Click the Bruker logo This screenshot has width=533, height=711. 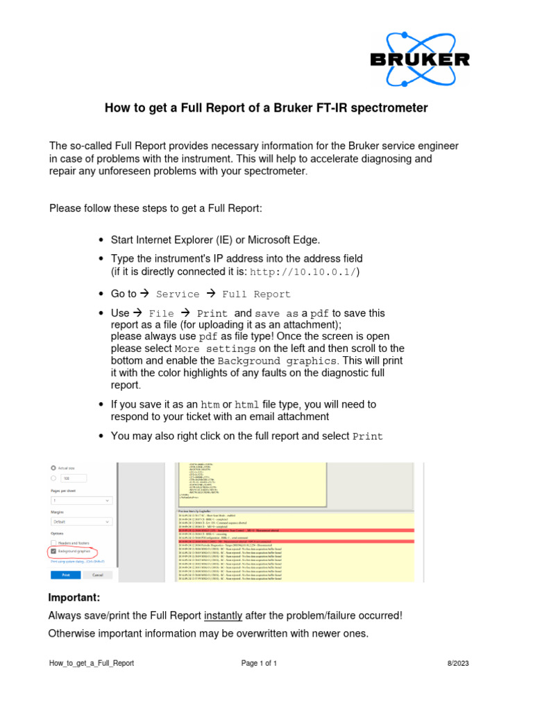[419, 59]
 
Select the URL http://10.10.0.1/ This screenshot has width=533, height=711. [304, 271]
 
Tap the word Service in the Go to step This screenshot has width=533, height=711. [178, 294]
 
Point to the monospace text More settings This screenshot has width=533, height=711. [215, 349]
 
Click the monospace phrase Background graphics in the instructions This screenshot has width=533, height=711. [277, 362]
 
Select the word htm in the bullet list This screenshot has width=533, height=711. [210, 404]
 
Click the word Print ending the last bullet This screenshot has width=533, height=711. [367, 437]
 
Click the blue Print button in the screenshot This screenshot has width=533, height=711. [65, 576]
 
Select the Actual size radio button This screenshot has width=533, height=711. [53, 468]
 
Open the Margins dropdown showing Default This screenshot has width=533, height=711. [81, 521]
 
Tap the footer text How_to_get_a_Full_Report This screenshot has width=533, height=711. [92, 664]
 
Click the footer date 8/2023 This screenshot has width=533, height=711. [458, 664]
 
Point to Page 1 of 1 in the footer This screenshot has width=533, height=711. [259, 664]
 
